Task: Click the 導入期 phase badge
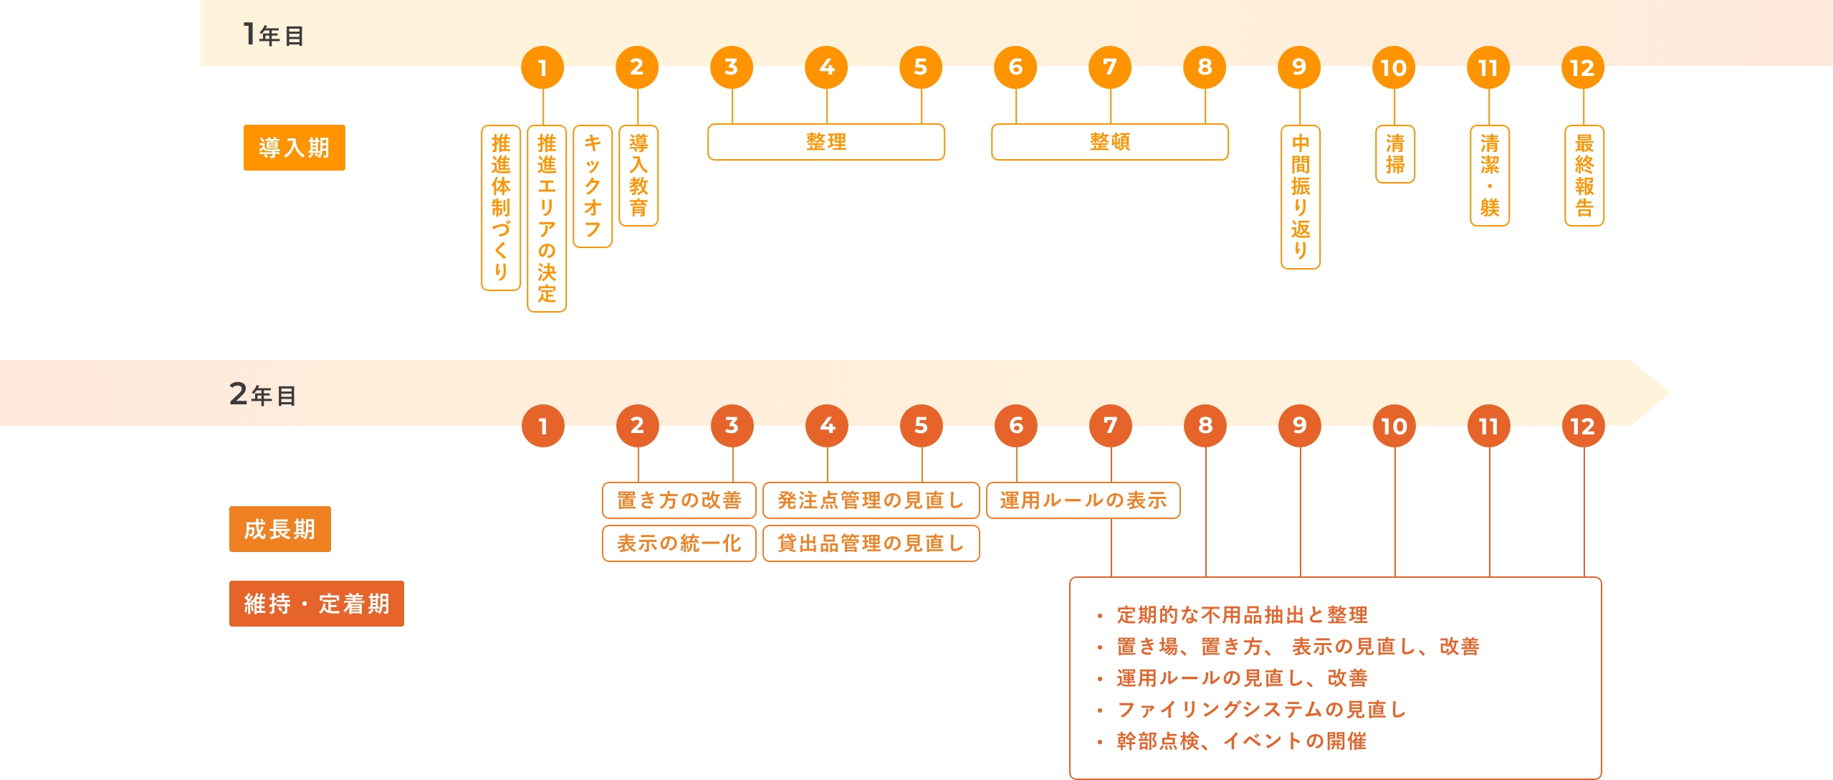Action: [294, 148]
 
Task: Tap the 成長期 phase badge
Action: [279, 529]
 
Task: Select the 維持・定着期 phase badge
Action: [316, 604]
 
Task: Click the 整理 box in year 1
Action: [825, 142]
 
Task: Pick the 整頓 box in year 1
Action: [1109, 142]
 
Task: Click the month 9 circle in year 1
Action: [1299, 67]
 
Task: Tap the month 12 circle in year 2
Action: [1583, 426]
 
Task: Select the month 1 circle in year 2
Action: [543, 426]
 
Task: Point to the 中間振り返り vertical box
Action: [1300, 196]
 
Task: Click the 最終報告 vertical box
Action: [1584, 176]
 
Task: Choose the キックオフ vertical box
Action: [593, 186]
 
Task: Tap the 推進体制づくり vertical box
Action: [501, 208]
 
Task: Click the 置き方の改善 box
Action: [679, 500]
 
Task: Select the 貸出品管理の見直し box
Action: [871, 543]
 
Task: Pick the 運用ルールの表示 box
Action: [1083, 500]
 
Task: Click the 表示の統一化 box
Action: [679, 543]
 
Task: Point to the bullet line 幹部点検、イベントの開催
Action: [1241, 741]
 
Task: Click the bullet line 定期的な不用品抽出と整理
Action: [1242, 614]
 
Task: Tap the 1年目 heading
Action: [274, 34]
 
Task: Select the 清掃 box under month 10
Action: [1394, 154]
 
